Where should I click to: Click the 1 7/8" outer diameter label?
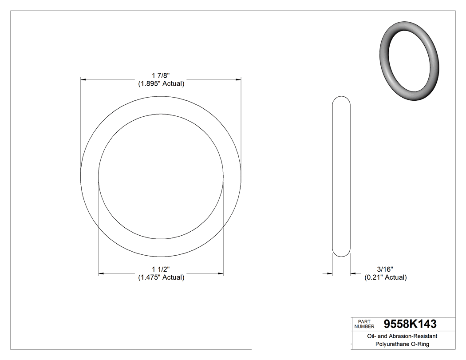tap(161, 76)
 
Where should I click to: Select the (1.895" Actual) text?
tap(161, 83)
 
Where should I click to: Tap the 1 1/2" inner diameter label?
tap(161, 269)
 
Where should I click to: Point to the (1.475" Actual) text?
tap(161, 277)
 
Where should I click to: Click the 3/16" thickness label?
tap(385, 269)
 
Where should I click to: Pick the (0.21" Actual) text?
tap(385, 277)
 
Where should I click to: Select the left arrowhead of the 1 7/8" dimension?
tap(83, 79)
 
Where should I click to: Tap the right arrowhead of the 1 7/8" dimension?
tap(238, 79)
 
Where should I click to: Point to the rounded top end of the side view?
tap(341, 98)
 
